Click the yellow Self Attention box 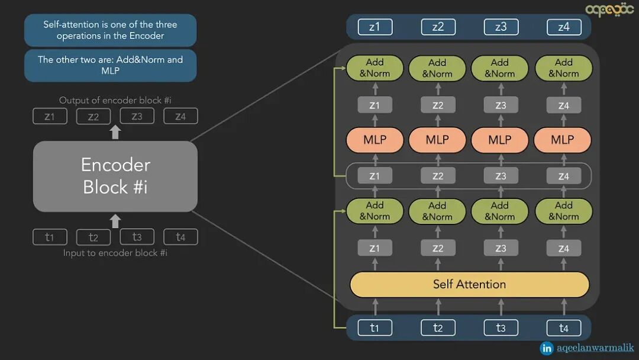point(469,285)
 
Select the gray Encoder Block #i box point(115,176)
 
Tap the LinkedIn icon point(547,348)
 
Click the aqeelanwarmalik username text point(595,348)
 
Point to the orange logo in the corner point(609,10)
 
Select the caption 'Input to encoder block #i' point(115,253)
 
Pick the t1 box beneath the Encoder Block point(50,237)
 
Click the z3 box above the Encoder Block point(137,117)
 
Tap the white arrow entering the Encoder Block point(115,221)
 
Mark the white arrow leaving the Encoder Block point(115,131)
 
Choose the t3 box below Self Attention point(501,327)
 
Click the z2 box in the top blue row point(438,27)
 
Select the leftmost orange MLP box point(375,140)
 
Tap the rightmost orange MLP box point(563,140)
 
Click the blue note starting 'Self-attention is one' point(110,30)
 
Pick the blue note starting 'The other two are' point(110,65)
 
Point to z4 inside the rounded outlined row point(563,176)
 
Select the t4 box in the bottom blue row point(563,327)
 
